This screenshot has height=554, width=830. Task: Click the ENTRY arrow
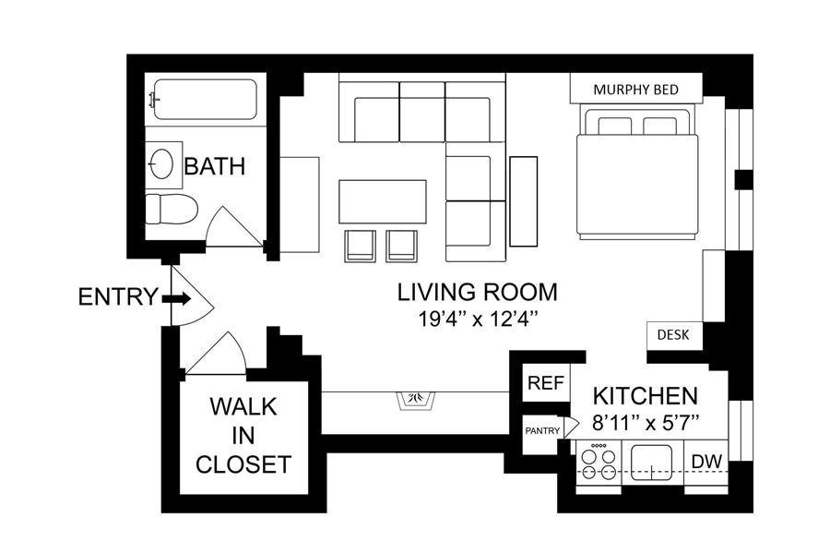pos(176,298)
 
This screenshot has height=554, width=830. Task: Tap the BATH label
pos(214,166)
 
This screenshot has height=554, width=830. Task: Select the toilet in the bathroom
pos(171,209)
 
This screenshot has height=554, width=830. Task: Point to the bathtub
pos(205,100)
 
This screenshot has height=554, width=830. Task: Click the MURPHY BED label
pos(635,90)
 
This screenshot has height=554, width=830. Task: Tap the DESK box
pos(674,335)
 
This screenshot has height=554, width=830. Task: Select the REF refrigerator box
pos(546,383)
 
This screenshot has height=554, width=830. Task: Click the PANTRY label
pos(542,431)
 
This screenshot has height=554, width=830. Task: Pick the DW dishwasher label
pos(706,462)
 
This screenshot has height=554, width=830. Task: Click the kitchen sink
pos(652,463)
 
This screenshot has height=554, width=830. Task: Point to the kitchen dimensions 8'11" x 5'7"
pos(646,423)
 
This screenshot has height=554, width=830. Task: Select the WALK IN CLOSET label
pos(243,435)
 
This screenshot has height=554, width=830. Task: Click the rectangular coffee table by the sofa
pos(383,202)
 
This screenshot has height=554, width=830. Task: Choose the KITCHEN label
pos(646,396)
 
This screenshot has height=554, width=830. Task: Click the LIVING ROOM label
pos(478,292)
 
